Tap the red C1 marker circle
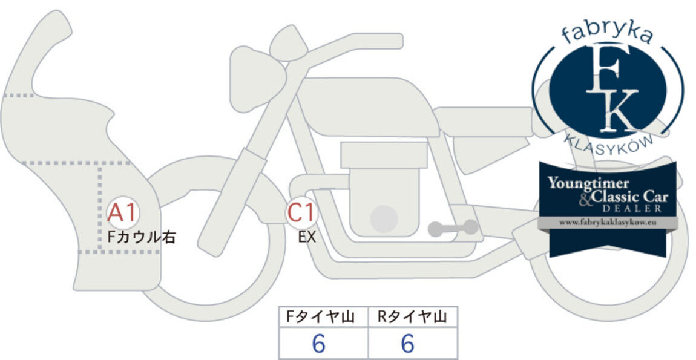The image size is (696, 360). click(x=302, y=212)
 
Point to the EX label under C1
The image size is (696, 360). click(x=307, y=237)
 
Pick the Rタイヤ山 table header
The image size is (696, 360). click(x=412, y=317)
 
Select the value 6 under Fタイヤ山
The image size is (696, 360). click(x=319, y=344)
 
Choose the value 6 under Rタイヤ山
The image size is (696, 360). click(x=407, y=344)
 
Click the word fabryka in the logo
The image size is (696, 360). click(x=607, y=33)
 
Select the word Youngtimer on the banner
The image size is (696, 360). click(x=588, y=183)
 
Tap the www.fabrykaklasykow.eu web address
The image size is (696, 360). click(x=607, y=222)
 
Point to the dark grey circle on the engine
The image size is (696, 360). click(x=384, y=219)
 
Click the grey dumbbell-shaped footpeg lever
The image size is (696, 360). click(x=453, y=227)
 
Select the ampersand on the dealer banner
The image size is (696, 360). click(x=586, y=200)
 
